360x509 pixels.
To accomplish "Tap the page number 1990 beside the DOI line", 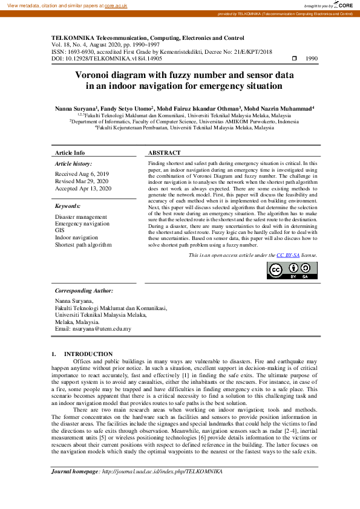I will pyautogui.click(x=312, y=59).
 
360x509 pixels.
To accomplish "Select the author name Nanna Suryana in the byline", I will pyautogui.click(x=74, y=108).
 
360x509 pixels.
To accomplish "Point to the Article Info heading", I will pyautogui.click(x=70, y=153).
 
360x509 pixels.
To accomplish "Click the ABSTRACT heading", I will pyautogui.click(x=165, y=153).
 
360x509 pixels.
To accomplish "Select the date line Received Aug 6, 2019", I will pyautogui.click(x=82, y=173).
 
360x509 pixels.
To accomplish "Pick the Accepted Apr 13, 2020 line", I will pyautogui.click(x=83, y=189).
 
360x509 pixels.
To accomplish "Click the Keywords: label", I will pyautogui.click(x=68, y=206).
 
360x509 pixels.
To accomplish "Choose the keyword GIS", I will pyautogui.click(x=60, y=230).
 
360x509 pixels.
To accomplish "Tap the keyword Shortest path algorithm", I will pyautogui.click(x=83, y=245).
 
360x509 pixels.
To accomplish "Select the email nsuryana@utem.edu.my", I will pyautogui.click(x=102, y=329).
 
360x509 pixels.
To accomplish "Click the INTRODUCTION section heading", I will pyautogui.click(x=88, y=354).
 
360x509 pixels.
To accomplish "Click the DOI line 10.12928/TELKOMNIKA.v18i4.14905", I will pyautogui.click(x=106, y=59).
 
